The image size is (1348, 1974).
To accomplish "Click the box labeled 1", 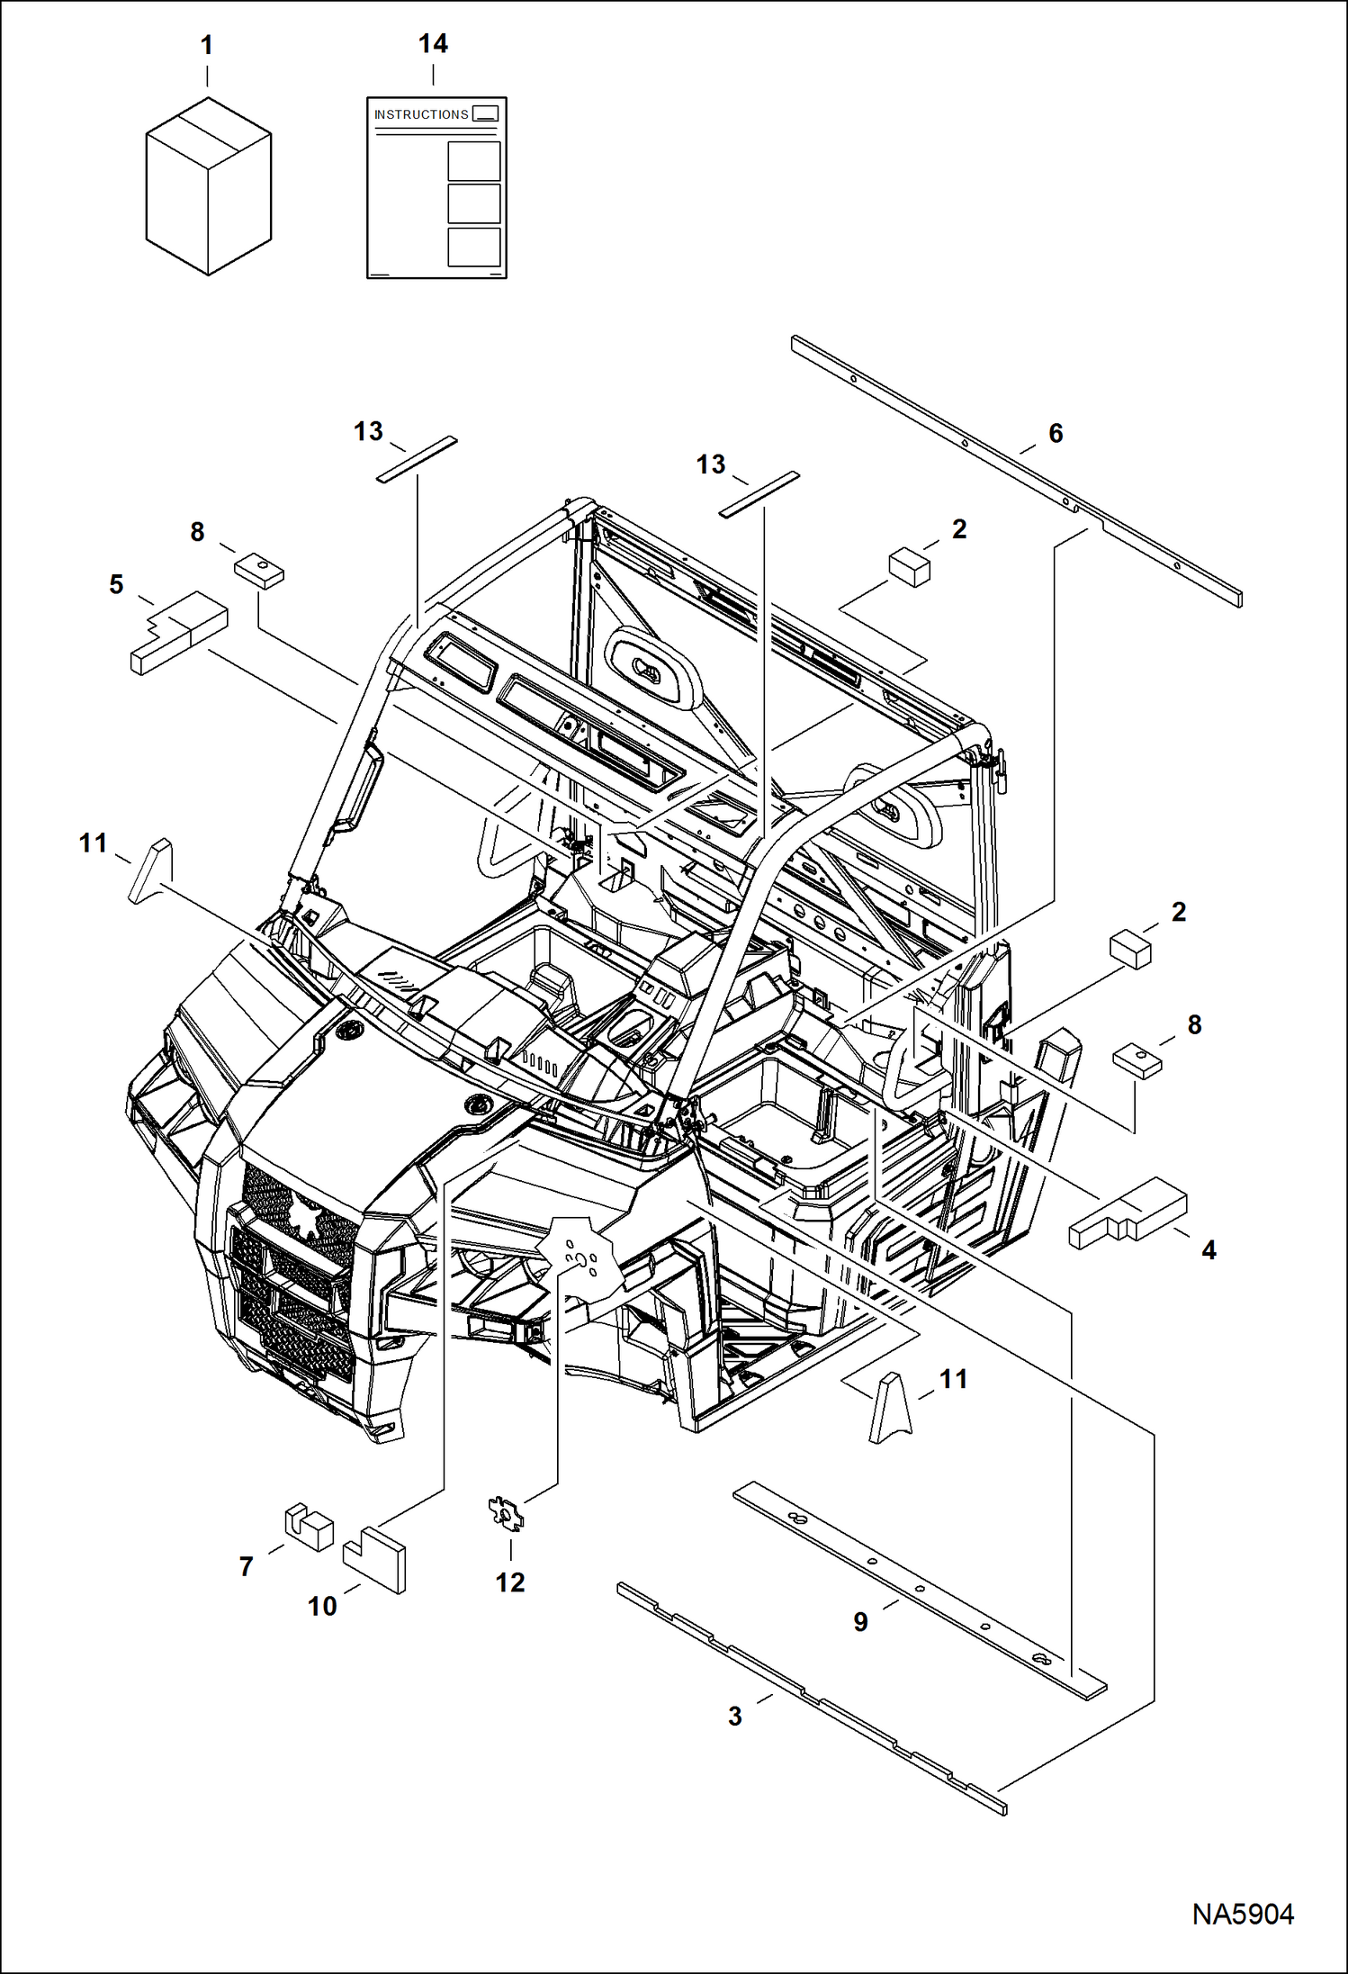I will pyautogui.click(x=209, y=187).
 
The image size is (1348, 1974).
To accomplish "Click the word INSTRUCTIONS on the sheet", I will pyautogui.click(x=421, y=114).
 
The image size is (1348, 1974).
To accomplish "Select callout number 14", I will pyautogui.click(x=433, y=43).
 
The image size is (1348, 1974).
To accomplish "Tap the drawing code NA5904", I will pyautogui.click(x=1243, y=1914).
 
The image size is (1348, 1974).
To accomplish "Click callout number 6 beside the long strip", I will pyautogui.click(x=1056, y=433).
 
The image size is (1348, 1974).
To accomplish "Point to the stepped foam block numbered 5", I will pyautogui.click(x=180, y=631).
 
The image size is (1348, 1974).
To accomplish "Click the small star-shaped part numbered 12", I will pyautogui.click(x=506, y=1513).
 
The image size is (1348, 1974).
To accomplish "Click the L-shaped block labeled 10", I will pyautogui.click(x=375, y=1558).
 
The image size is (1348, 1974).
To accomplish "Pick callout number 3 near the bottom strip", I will pyautogui.click(x=735, y=1716).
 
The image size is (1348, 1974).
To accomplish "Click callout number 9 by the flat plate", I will pyautogui.click(x=860, y=1621).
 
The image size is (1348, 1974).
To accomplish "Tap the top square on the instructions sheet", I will pyautogui.click(x=473, y=161).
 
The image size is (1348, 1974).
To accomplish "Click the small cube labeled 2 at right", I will pyautogui.click(x=1131, y=950).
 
